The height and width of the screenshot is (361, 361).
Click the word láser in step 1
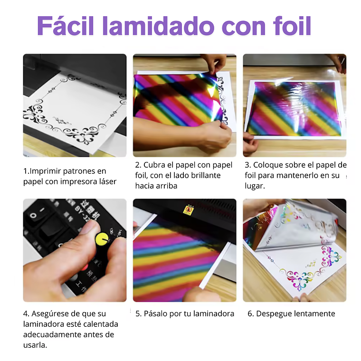106,181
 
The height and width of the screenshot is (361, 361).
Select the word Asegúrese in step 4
51,313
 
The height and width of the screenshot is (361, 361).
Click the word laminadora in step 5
214,313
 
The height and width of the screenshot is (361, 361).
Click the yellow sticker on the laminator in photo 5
188,209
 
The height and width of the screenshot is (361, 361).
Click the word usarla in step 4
35,345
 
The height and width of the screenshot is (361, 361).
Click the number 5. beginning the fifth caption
139,313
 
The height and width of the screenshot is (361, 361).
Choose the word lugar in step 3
255,186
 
